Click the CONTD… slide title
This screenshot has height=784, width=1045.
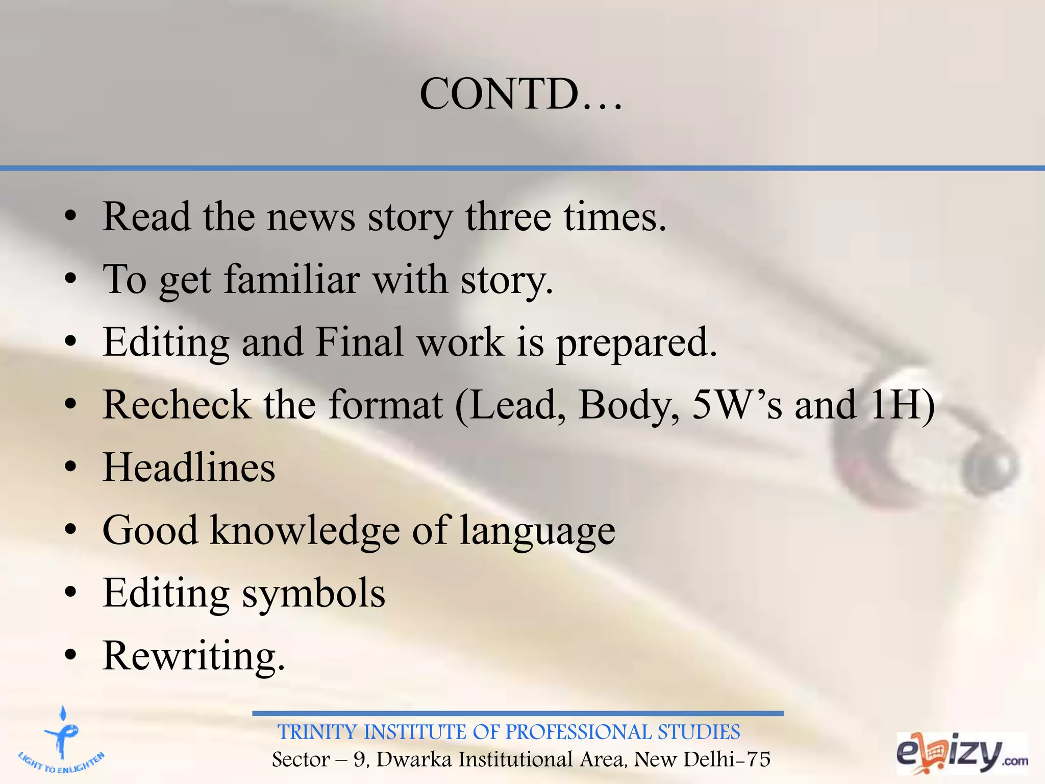520,94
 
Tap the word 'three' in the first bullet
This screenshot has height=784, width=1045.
508,217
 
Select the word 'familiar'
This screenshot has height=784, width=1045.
292,279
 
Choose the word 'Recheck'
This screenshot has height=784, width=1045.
177,405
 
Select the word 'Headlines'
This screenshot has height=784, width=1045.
189,468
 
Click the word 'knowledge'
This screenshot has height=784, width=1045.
305,530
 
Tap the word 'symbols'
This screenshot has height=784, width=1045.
313,593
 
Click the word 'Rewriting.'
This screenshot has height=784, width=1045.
194,656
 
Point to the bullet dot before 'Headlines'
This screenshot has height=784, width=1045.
71,468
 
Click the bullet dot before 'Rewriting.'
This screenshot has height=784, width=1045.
71,655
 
